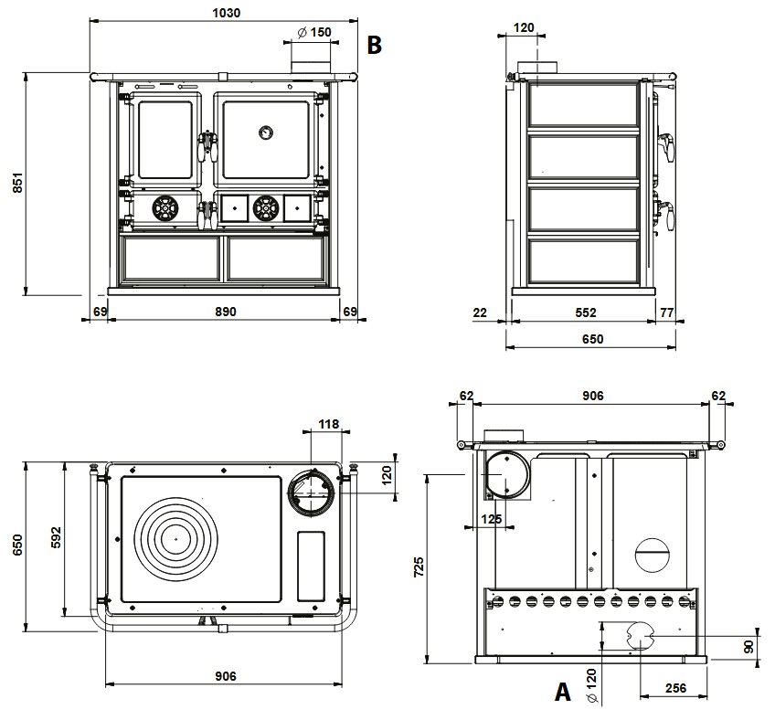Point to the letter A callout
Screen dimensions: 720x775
564,693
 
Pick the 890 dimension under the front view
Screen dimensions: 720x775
225,312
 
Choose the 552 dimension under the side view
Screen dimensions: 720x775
586,312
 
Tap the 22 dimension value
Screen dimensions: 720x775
480,312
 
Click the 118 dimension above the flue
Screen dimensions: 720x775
327,424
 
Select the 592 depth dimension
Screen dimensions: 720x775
55,532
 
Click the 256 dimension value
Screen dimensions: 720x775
676,688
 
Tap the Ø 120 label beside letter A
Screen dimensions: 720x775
591,685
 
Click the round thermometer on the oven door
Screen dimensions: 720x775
265,132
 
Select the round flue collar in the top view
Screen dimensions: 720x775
311,493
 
